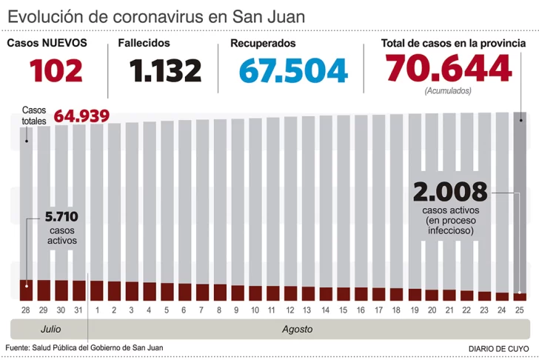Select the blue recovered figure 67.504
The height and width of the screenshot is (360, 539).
pos(294,71)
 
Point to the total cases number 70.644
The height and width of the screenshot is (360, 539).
pos(448,69)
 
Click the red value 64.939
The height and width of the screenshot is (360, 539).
pos(82,116)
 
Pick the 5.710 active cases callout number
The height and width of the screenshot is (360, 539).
pos(61,217)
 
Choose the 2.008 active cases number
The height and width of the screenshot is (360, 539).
pos(450,192)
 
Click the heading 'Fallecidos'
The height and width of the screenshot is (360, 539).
pos(144,43)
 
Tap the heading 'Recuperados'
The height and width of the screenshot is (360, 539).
pos(263,43)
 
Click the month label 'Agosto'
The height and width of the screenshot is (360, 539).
pos(297,329)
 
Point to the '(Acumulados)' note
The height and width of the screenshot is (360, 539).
pos(448,91)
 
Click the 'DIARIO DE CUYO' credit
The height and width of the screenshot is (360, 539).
pos(499,348)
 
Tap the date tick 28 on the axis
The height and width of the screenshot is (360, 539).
pos(26,309)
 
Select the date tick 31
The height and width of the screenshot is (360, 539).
pos(78,309)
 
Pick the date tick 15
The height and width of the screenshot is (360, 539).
pos(343,309)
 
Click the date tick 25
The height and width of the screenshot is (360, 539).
pos(520,309)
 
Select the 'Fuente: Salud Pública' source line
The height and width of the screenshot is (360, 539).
pos(84,347)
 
